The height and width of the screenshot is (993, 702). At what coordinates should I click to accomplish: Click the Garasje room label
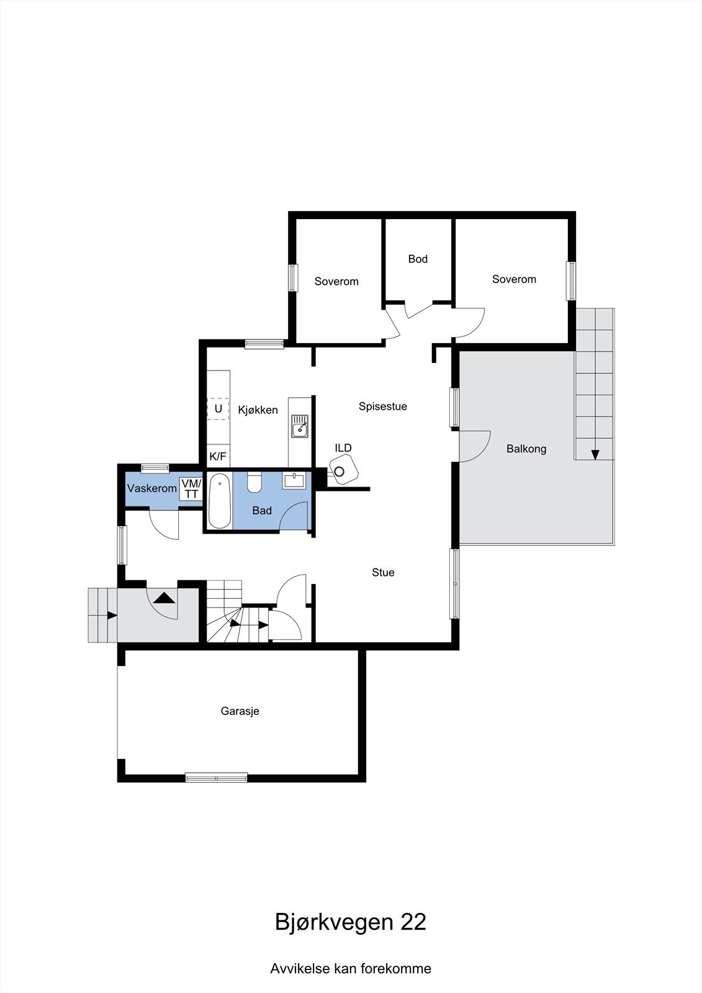tap(240, 711)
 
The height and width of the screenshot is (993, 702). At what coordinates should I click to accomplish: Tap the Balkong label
tap(526, 449)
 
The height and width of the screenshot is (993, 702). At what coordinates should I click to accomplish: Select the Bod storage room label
tap(418, 259)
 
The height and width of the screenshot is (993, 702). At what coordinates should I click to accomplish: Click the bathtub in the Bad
tap(219, 500)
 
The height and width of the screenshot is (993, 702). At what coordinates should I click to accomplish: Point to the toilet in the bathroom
tap(254, 482)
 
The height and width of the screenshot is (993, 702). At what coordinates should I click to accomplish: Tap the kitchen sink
tap(300, 426)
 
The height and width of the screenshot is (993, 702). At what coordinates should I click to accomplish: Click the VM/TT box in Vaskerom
tap(191, 488)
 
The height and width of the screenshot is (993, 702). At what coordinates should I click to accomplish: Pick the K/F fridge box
tap(218, 457)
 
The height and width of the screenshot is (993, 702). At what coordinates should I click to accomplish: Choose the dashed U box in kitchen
tap(218, 409)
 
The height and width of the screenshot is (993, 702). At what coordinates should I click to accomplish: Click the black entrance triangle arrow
tap(164, 598)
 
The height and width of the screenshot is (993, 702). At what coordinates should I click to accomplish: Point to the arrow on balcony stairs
tap(595, 454)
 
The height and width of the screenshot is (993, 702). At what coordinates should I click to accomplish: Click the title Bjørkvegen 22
tap(351, 922)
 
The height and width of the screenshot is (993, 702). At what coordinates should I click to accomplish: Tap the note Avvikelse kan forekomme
tap(351, 968)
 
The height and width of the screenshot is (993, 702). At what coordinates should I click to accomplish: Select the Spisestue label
tap(383, 407)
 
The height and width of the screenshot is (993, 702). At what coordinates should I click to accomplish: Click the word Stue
tap(383, 572)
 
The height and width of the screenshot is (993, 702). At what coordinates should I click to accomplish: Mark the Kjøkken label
tap(258, 410)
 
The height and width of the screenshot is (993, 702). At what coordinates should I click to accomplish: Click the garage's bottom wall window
tap(216, 776)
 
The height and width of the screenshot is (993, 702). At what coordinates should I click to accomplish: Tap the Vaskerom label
tap(152, 488)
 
